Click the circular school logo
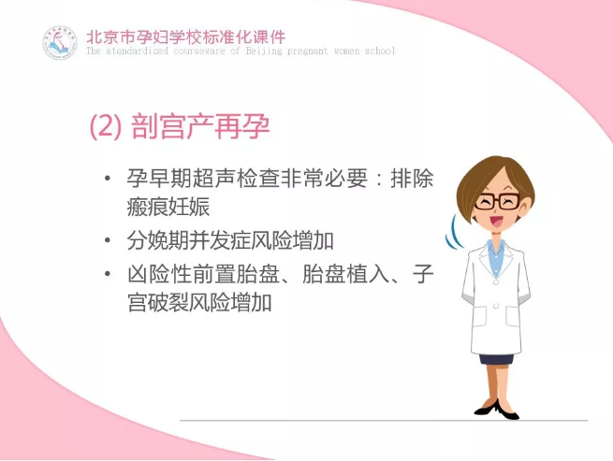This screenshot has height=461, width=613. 60,43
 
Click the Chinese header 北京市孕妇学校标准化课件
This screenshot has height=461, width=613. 185,37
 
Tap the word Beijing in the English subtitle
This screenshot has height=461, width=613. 264,51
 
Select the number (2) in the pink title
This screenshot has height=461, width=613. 105,126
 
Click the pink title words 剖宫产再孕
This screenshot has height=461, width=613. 200,126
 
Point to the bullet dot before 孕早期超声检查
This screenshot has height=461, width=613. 108,180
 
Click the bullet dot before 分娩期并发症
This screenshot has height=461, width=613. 108,240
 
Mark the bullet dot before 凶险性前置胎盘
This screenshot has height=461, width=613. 108,274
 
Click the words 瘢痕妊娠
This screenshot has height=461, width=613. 168,207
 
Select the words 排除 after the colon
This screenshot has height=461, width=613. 412,179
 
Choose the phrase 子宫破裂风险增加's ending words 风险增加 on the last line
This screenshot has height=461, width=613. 230,302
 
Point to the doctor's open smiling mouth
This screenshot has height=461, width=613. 497,222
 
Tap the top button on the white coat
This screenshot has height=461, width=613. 497,281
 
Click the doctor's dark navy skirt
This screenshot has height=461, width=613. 497,359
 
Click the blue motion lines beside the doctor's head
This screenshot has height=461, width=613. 453,233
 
